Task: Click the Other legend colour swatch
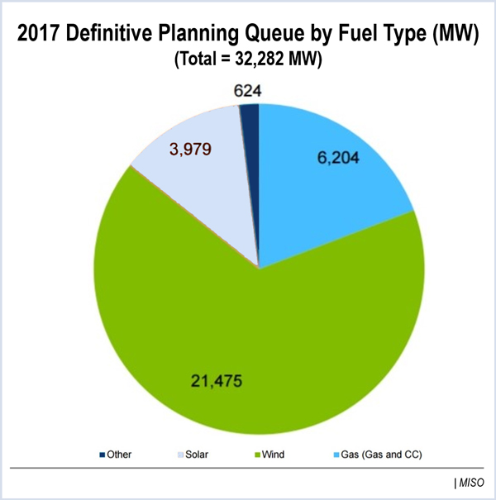click(103, 455)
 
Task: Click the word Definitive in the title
click(114, 36)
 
